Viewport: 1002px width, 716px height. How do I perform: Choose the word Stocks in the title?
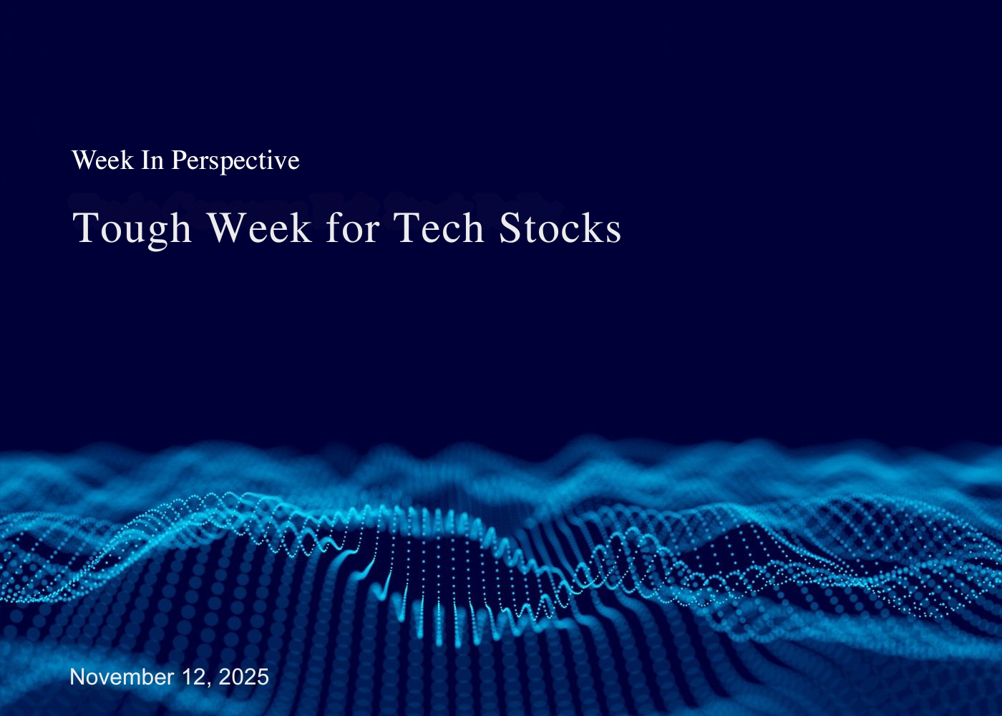(560, 228)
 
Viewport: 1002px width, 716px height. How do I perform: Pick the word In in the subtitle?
(152, 160)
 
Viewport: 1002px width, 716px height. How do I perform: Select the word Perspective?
(235, 160)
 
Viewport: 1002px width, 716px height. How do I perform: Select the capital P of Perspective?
(178, 160)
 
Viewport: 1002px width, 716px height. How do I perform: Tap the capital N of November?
(77, 677)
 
